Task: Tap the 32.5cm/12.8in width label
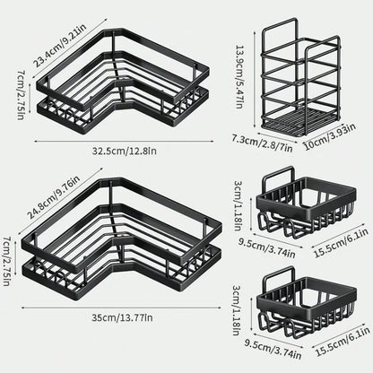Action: tap(120, 152)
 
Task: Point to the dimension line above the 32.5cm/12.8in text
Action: tap(120, 142)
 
